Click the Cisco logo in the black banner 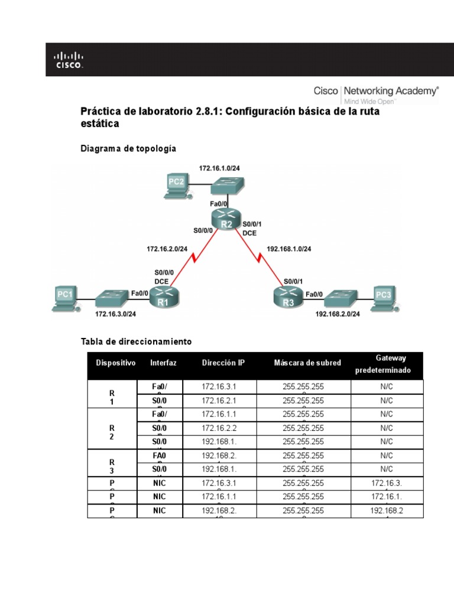point(69,60)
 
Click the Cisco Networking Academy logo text point(375,92)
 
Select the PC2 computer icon point(176,186)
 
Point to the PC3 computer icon point(382,298)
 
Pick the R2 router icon point(226,219)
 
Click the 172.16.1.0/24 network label point(219,168)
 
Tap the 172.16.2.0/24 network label point(167,249)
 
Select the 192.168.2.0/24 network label point(338,315)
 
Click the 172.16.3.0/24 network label point(116,315)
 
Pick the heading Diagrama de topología point(128,149)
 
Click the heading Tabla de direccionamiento point(136,341)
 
